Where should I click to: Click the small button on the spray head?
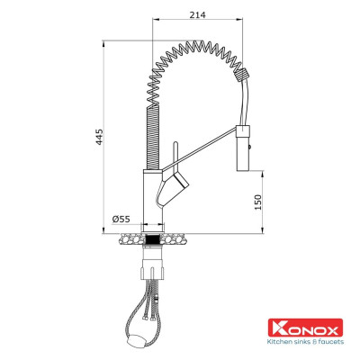(x=249, y=141)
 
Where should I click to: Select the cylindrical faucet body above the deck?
(x=150, y=198)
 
